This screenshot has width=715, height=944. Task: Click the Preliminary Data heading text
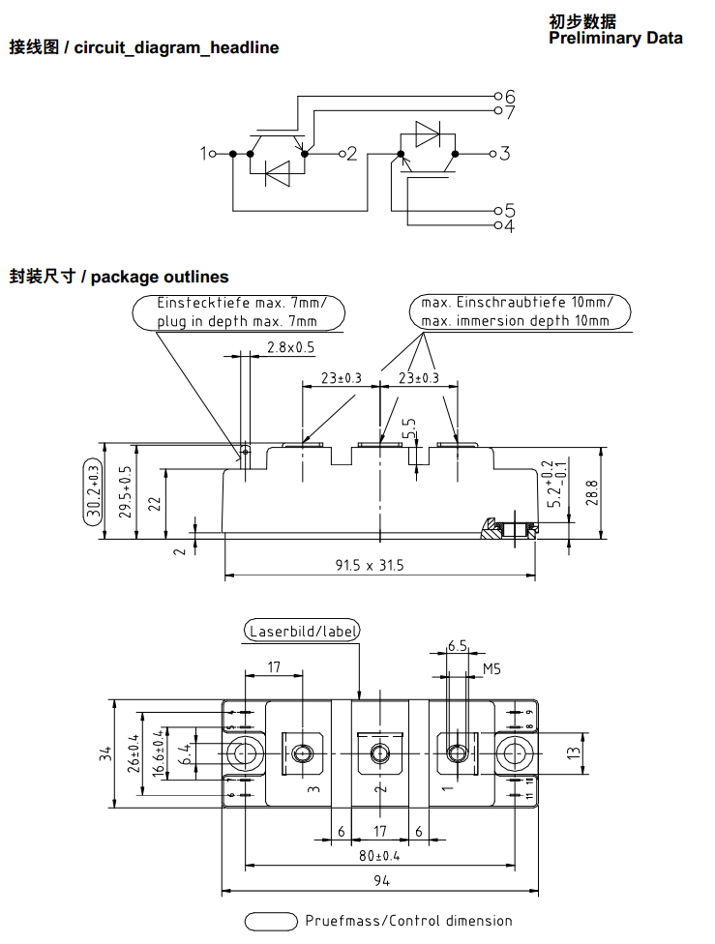pyautogui.click(x=615, y=39)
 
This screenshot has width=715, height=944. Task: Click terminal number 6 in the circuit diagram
pyautogui.click(x=509, y=96)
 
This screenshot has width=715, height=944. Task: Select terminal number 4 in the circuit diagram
pyautogui.click(x=509, y=226)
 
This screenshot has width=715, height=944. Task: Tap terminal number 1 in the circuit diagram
pyautogui.click(x=205, y=153)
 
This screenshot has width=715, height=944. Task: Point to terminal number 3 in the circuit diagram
pyautogui.click(x=505, y=153)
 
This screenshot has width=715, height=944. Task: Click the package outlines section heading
pyautogui.click(x=119, y=278)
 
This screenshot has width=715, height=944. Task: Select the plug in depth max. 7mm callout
pyautogui.click(x=237, y=321)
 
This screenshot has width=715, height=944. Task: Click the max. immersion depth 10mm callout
pyautogui.click(x=516, y=321)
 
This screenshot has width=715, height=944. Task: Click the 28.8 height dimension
pyautogui.click(x=593, y=492)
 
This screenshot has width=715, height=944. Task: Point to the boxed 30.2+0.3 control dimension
pyautogui.click(x=93, y=493)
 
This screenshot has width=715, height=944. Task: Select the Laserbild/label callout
pyautogui.click(x=303, y=632)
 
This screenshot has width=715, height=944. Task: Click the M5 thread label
pyautogui.click(x=492, y=669)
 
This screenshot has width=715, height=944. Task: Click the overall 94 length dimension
pyautogui.click(x=379, y=881)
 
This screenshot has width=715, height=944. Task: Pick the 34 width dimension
pyautogui.click(x=105, y=752)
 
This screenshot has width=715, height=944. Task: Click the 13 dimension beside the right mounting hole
pyautogui.click(x=572, y=752)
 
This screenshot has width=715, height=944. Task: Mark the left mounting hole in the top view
pyautogui.click(x=246, y=752)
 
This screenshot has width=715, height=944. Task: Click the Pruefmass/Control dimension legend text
pyautogui.click(x=408, y=921)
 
